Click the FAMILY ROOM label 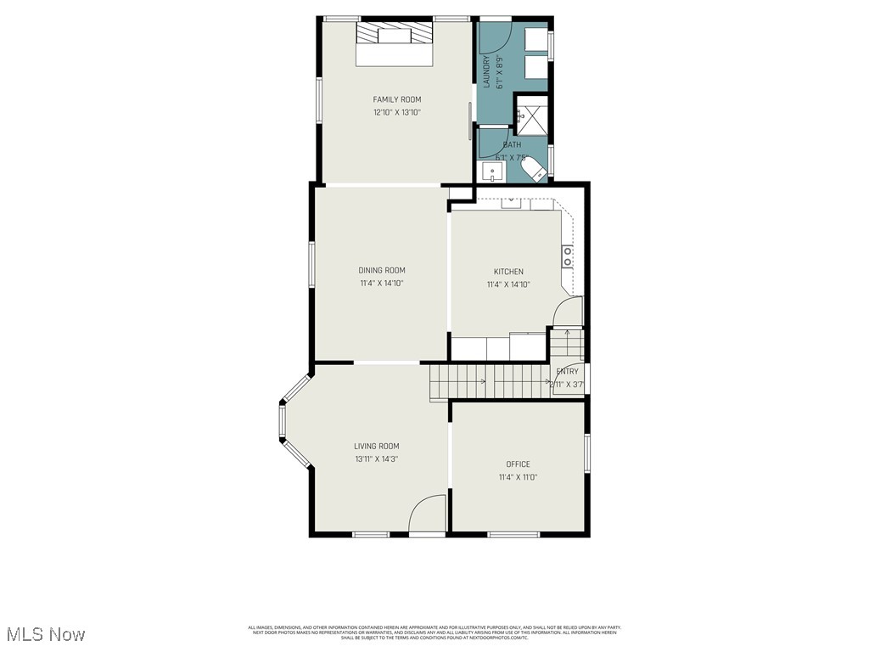click(x=396, y=99)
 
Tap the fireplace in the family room click(x=393, y=35)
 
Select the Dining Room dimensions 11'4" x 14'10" click(x=380, y=284)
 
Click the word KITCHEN click(x=508, y=272)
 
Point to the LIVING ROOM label click(x=376, y=447)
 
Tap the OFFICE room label click(x=518, y=464)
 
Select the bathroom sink click(x=493, y=172)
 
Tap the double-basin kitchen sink click(x=567, y=256)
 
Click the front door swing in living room click(x=427, y=515)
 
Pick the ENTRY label click(x=567, y=372)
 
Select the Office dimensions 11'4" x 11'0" click(x=518, y=477)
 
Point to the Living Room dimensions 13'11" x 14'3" click(x=376, y=459)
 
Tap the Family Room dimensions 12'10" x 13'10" click(x=396, y=112)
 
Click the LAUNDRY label click(x=487, y=73)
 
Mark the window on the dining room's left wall click(x=311, y=271)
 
